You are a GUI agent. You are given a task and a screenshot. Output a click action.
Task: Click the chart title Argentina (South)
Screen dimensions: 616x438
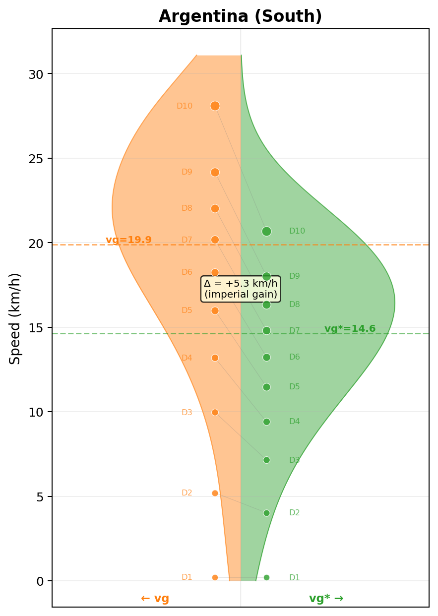tap(240, 17)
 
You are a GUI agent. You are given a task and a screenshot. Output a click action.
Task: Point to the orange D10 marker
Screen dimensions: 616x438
tap(215, 106)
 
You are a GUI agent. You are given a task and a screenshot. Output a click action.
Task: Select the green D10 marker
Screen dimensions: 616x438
tap(266, 231)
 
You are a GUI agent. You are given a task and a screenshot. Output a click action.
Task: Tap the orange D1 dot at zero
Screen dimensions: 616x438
tap(215, 577)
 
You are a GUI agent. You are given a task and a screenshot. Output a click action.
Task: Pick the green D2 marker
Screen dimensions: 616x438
tap(266, 513)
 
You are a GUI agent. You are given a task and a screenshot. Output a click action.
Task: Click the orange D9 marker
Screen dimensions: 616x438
tap(215, 172)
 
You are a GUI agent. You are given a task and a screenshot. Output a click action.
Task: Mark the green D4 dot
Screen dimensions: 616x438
tap(266, 422)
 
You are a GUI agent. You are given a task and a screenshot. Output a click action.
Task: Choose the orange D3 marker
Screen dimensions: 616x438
tap(215, 412)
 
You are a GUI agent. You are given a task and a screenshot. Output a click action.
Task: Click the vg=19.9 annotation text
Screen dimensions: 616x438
tap(128, 240)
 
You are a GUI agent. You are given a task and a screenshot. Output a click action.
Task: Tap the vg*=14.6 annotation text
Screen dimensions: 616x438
tap(350, 329)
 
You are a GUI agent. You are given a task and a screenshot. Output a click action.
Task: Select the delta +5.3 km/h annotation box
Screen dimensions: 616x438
tap(241, 289)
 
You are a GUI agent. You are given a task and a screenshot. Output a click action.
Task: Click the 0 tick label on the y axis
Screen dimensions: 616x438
tap(40, 581)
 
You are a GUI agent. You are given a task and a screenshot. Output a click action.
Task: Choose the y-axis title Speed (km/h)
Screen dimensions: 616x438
tap(15, 318)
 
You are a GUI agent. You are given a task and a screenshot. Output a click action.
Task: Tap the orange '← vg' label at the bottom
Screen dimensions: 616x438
tap(155, 599)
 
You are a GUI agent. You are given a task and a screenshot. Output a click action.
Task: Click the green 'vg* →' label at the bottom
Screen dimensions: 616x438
tap(326, 599)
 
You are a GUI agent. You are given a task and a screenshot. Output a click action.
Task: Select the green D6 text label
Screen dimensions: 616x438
tap(295, 357)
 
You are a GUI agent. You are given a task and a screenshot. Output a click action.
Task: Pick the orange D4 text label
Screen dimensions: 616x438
tap(187, 358)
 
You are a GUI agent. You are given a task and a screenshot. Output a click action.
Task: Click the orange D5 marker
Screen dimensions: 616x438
tap(215, 310)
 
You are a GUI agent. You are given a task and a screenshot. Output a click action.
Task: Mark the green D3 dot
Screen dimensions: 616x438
tap(266, 460)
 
